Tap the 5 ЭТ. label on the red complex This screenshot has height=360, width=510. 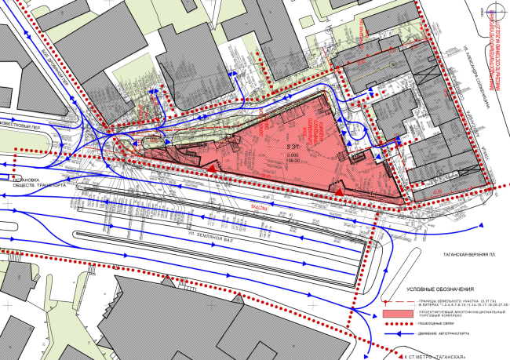pos(292,146)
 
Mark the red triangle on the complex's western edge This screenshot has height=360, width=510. pos(211,167)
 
